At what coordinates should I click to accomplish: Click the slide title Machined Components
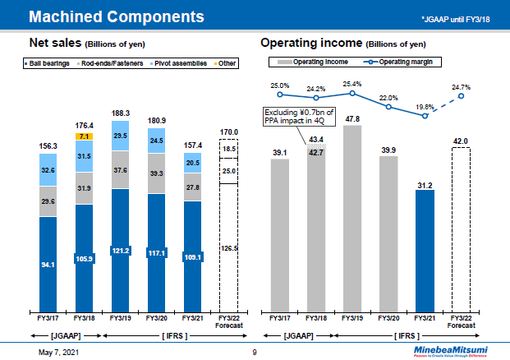pyautogui.click(x=117, y=16)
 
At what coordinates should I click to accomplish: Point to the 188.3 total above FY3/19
pyautogui.click(x=120, y=114)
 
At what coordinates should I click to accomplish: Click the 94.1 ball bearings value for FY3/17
pyautogui.click(x=48, y=265)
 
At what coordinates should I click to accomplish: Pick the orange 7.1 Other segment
pyautogui.click(x=84, y=136)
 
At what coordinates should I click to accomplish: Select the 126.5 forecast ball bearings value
pyautogui.click(x=228, y=247)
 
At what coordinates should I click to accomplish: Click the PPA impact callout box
pyautogui.click(x=293, y=116)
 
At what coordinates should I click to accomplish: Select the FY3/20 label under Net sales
pyautogui.click(x=156, y=316)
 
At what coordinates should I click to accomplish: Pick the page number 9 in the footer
pyautogui.click(x=255, y=353)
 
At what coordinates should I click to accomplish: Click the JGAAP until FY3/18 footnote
pyautogui.click(x=459, y=18)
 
